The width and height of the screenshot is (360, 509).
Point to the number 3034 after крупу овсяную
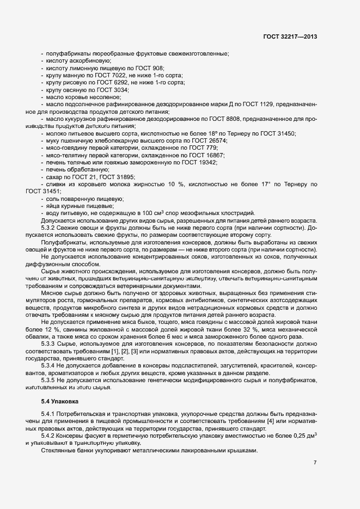(x=121, y=89)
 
